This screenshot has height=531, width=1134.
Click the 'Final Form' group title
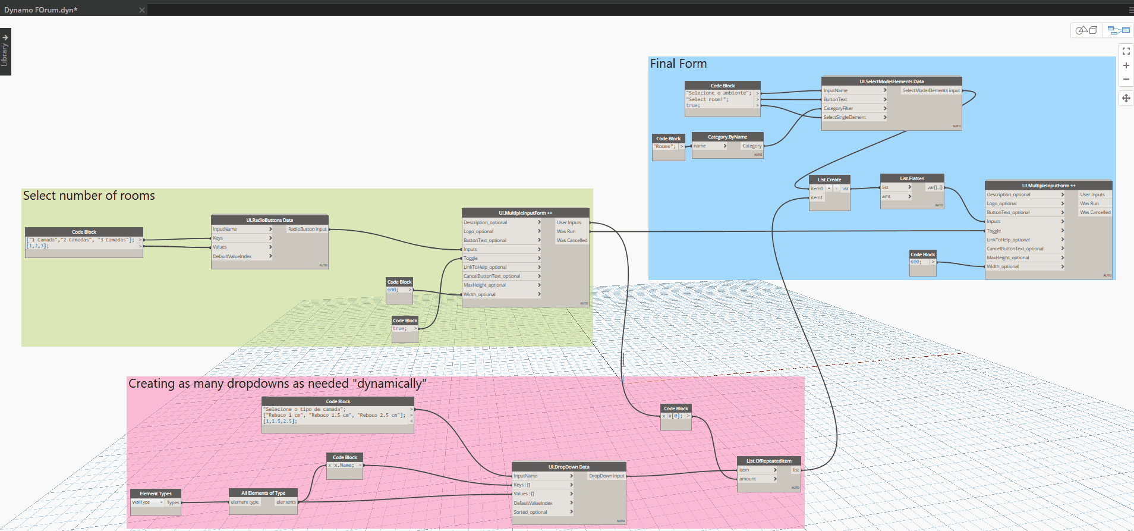(x=678, y=64)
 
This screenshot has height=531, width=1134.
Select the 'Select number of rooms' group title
(x=89, y=196)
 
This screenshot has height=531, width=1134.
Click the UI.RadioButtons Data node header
(x=269, y=220)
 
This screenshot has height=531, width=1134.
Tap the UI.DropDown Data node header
(x=569, y=467)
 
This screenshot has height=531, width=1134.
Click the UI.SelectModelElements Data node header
(x=891, y=81)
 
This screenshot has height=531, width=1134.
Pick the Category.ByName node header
(x=727, y=137)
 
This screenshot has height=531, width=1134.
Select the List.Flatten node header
(x=912, y=178)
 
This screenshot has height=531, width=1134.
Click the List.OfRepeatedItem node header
(x=768, y=461)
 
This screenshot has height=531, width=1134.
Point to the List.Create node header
(x=829, y=180)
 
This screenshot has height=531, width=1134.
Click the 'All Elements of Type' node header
(x=263, y=493)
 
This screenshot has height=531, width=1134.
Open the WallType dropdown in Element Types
(x=147, y=502)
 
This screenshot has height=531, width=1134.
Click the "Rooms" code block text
(x=664, y=146)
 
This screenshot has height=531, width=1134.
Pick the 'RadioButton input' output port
(x=307, y=229)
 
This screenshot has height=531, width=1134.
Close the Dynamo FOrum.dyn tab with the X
(x=142, y=10)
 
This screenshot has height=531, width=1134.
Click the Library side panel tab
(x=5, y=52)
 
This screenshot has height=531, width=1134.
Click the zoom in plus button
(x=1126, y=65)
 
